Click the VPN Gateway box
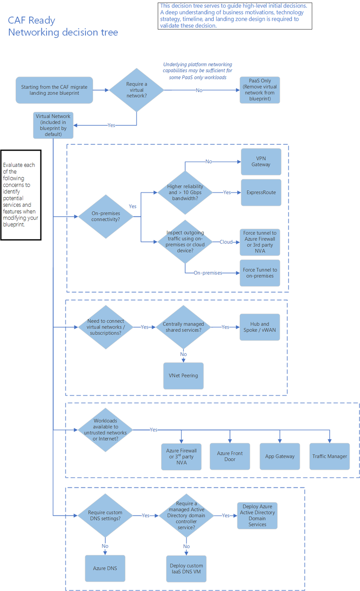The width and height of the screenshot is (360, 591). pos(261,162)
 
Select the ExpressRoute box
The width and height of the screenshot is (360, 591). pos(261,193)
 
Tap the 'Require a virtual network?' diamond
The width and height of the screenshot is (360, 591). pos(136,90)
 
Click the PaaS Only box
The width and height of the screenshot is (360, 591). pos(260,90)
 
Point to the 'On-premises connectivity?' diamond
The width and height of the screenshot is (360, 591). pos(106,216)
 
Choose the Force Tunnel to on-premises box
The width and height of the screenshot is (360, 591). pos(260,273)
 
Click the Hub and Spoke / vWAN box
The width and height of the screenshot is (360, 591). pos(260,327)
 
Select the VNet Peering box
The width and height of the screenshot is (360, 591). pos(183,375)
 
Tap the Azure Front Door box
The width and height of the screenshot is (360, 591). pos(230,456)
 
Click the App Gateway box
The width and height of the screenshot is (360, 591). pos(280,456)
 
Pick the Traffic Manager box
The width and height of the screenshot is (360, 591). pos(329,456)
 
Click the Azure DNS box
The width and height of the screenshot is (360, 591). pos(105,568)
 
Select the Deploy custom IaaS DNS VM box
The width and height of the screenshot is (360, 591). pos(186,568)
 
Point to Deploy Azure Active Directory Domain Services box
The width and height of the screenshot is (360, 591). pos(257,516)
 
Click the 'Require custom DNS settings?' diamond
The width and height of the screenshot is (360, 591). pos(105,516)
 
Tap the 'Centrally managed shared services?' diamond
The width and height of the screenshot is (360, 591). pos(183,327)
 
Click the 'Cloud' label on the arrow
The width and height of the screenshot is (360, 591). pos(226,242)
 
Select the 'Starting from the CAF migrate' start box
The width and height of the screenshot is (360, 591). pos(54,90)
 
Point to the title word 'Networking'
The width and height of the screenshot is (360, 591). pos(33,33)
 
